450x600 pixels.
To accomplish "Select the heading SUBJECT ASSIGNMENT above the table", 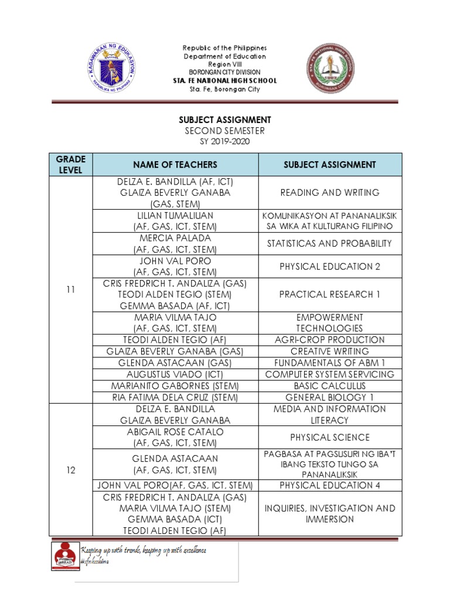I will click(x=225, y=120).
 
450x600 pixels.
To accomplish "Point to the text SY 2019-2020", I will click(x=225, y=141).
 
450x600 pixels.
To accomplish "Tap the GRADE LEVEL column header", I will click(x=71, y=165).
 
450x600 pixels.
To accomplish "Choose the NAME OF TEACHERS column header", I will click(x=175, y=165).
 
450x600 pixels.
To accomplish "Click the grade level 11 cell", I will click(x=71, y=289).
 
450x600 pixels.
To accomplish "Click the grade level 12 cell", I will click(x=71, y=470).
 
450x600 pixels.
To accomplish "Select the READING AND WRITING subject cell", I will click(x=329, y=192).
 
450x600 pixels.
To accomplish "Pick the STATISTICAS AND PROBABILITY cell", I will click(x=329, y=243).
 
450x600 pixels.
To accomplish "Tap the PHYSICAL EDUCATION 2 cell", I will click(x=329, y=267).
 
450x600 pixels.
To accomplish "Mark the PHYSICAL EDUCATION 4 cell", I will click(x=329, y=485).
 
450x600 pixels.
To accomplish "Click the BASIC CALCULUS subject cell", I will click(x=329, y=386).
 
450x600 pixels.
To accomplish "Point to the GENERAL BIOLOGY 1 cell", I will click(x=329, y=397).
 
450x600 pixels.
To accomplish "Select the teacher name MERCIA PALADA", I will click(x=175, y=238).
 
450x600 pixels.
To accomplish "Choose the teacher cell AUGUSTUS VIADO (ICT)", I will click(x=175, y=374).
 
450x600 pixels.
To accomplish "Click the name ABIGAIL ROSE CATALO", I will click(x=175, y=432).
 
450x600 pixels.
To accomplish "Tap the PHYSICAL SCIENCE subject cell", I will click(x=329, y=437).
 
